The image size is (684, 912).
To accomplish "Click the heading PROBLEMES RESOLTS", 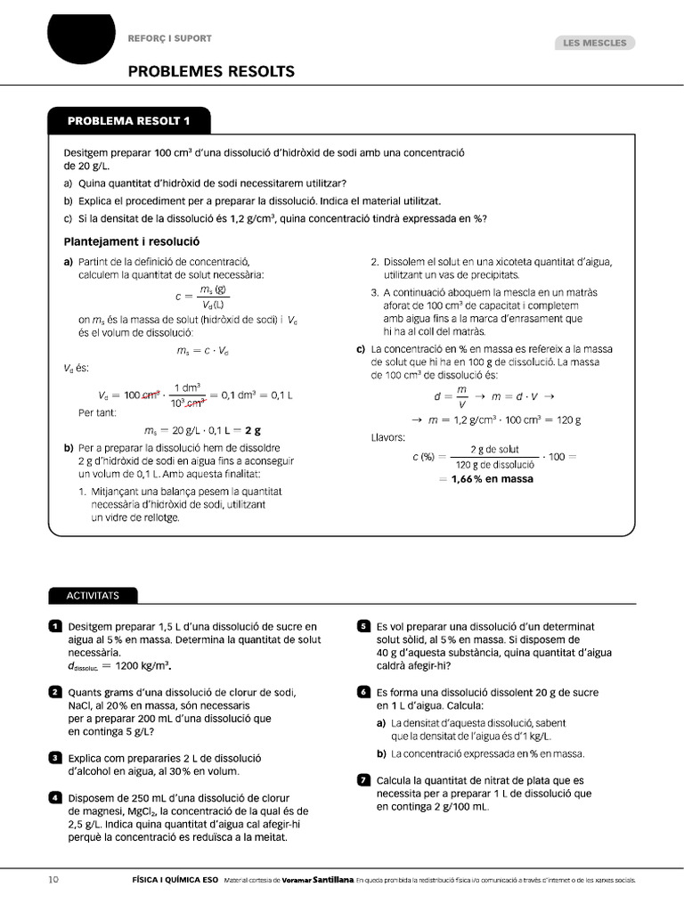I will coord(210,71).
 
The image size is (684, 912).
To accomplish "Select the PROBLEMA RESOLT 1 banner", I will coord(129,120).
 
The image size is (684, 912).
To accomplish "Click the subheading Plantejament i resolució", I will coord(132,241).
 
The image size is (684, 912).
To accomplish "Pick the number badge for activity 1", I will coord(55,627).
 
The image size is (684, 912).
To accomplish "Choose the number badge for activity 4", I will coord(55,798).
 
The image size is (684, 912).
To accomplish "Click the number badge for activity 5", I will coord(363,627).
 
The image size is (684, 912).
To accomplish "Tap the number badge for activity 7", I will coord(363,781).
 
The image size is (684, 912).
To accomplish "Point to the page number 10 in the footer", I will coord(53,880).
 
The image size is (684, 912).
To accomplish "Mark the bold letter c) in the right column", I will coord(361,349).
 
